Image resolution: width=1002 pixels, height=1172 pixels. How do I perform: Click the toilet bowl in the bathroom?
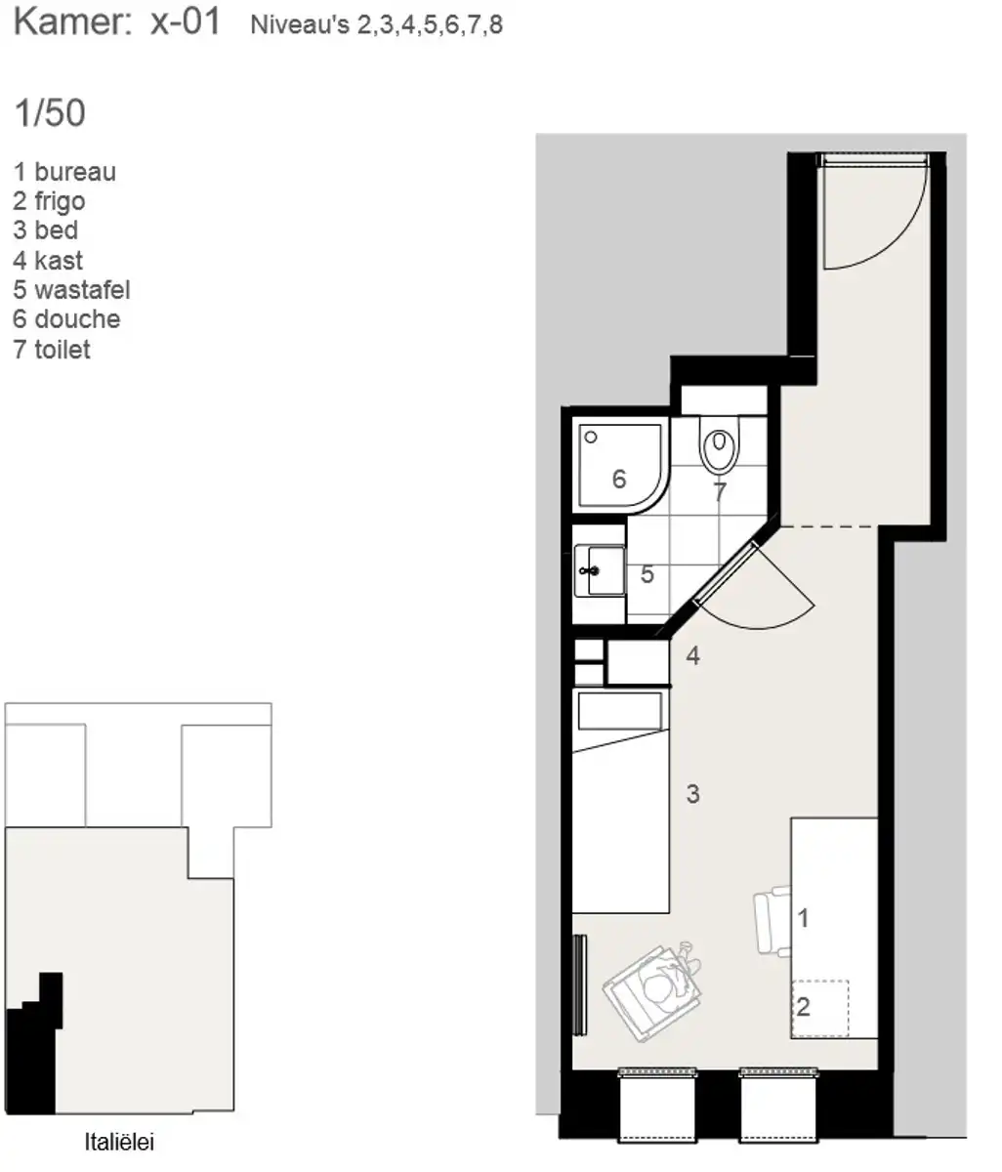(719, 445)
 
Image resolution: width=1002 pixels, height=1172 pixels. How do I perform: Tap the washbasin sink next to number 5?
(600, 571)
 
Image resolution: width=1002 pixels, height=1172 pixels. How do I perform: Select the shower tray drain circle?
(590, 438)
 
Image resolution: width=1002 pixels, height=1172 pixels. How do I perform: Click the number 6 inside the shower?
(618, 480)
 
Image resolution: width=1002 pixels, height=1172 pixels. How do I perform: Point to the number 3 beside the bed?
(692, 794)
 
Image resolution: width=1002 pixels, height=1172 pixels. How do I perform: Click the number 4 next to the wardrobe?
(692, 655)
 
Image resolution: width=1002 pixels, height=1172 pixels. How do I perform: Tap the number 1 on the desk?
(803, 918)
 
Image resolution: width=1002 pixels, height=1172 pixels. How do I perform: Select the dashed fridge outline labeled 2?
(820, 1008)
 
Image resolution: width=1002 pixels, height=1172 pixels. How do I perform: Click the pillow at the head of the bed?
(619, 711)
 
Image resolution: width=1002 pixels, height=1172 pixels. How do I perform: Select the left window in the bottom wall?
(656, 1105)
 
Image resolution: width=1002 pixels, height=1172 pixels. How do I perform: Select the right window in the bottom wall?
(778, 1105)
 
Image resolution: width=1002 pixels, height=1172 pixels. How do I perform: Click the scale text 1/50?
(50, 113)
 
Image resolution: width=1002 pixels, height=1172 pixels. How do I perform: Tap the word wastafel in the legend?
(82, 290)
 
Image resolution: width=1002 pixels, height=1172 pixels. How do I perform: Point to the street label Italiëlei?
(119, 1142)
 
